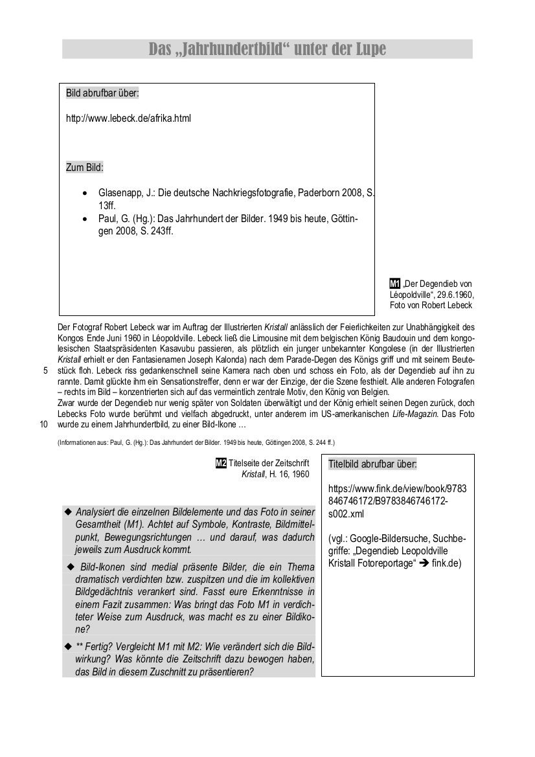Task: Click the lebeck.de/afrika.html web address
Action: coord(128,119)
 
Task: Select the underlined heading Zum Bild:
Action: coord(85,168)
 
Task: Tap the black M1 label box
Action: coord(394,283)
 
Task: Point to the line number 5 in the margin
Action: coord(45,371)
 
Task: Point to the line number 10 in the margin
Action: coord(44,425)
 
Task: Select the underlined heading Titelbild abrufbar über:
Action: coord(372,464)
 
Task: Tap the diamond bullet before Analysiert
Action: coord(68,512)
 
